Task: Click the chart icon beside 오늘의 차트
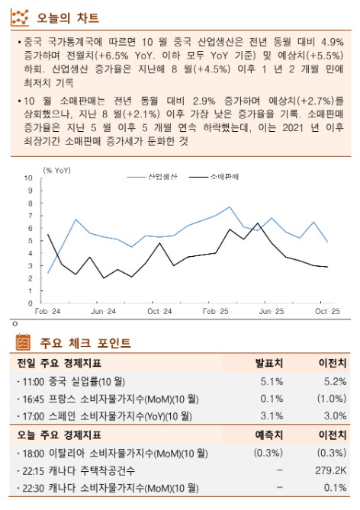pos(24,17)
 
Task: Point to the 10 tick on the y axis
pos(30,178)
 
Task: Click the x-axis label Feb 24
pos(47,311)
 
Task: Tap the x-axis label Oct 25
pos(327,311)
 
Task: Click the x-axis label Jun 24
pos(104,311)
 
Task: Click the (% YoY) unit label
pos(57,169)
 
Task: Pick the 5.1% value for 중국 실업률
pos(272,380)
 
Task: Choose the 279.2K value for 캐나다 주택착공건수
pos(330,470)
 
